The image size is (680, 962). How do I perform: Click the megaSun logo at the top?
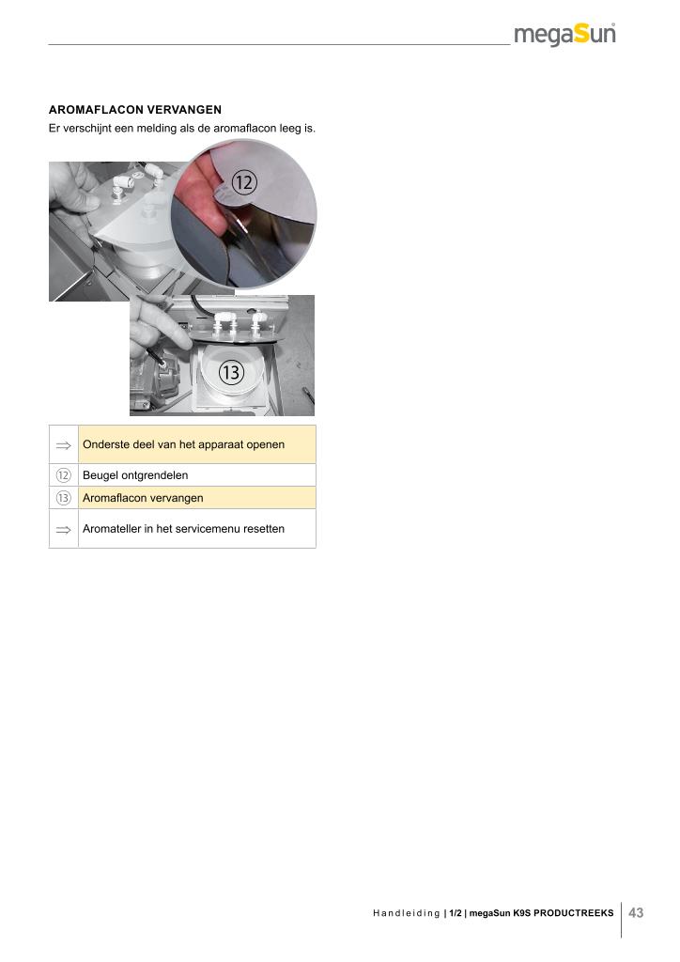click(x=564, y=34)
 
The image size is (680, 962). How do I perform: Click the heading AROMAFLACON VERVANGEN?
click(x=135, y=110)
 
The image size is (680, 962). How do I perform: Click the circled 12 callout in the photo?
click(x=243, y=182)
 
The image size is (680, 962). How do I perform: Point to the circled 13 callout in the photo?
click(x=231, y=372)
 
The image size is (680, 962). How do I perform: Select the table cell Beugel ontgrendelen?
click(x=197, y=474)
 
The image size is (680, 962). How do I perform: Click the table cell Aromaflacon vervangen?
click(x=197, y=498)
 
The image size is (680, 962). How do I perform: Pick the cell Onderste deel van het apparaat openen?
click(x=197, y=444)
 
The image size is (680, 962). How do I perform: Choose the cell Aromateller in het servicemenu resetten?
click(x=197, y=528)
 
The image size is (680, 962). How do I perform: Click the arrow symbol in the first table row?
click(x=63, y=445)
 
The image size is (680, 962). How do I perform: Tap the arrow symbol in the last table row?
click(x=63, y=530)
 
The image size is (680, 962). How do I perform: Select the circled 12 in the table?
click(x=63, y=474)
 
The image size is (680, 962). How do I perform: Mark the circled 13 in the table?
click(x=63, y=498)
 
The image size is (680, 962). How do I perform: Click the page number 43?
click(x=636, y=912)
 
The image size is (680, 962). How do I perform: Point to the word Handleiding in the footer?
click(x=406, y=913)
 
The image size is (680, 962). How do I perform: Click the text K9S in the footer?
click(x=520, y=913)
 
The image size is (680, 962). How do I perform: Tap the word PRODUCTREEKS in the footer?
click(x=573, y=913)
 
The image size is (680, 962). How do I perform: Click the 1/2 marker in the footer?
click(x=455, y=913)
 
